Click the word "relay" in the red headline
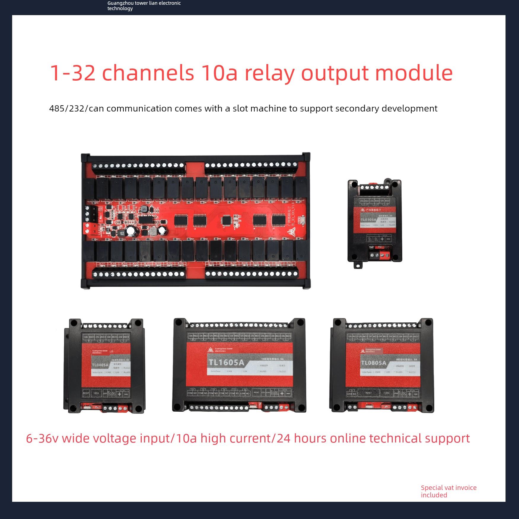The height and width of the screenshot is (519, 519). pos(270,73)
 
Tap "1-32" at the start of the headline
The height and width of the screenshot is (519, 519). pos(73,73)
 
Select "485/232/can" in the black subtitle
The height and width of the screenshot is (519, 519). pos(77,109)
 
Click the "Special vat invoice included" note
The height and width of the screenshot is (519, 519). pos(448,491)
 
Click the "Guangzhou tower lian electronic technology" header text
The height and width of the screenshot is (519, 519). pos(144,6)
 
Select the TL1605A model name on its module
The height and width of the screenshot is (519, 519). pos(226,362)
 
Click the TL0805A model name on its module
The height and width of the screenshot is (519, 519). pos(374,363)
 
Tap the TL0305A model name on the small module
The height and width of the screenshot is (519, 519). pos(368,220)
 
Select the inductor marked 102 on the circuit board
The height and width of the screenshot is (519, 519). pos(122,234)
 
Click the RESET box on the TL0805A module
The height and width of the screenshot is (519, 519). pos(368,393)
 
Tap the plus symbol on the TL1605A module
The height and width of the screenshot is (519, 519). pos(282,394)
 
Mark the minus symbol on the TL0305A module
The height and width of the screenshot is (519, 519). pos(389,239)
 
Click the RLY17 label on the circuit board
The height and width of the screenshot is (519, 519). pos(101,264)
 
